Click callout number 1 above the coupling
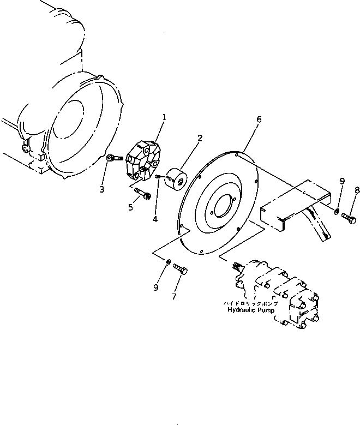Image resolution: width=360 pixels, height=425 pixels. click(164, 117)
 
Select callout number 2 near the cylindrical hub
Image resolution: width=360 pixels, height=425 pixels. click(200, 139)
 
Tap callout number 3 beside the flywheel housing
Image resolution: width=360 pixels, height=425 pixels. click(101, 189)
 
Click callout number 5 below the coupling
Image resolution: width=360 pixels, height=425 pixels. click(130, 207)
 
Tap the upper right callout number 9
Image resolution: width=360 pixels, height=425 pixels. click(342, 181)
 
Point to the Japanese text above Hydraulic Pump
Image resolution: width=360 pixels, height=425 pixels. click(251, 302)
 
